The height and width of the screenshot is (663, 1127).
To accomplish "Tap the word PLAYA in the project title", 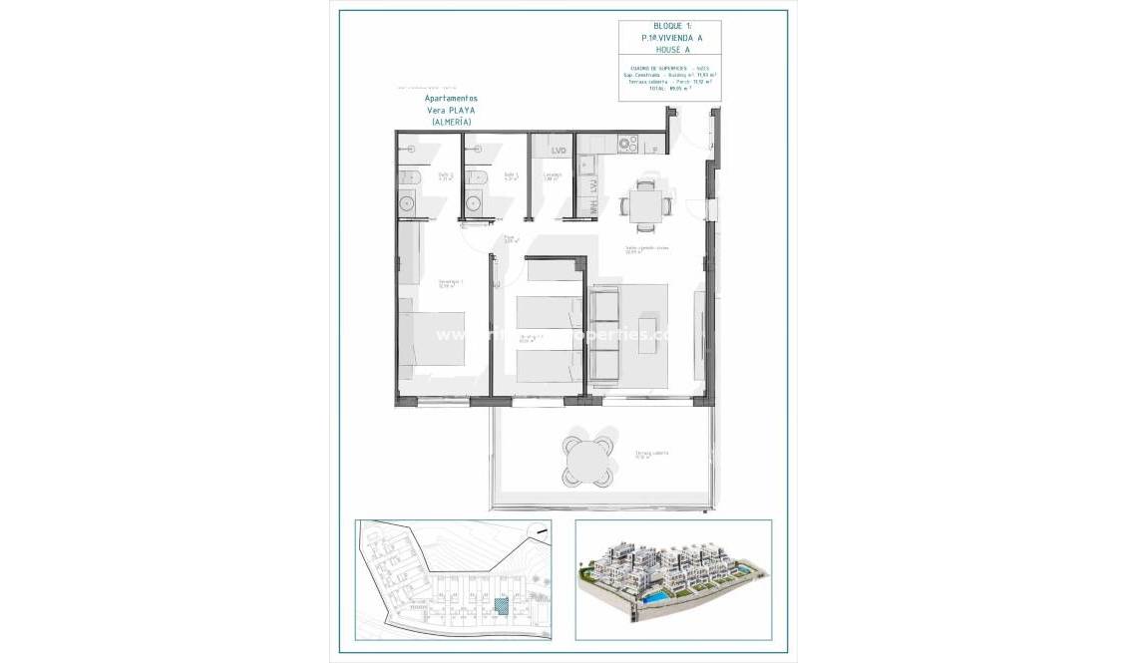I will [461, 110].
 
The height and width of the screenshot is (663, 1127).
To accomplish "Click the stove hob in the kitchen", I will [627, 144].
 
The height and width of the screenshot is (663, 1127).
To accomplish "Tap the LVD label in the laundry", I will [558, 151].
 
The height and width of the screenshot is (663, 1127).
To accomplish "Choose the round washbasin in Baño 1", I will [474, 203].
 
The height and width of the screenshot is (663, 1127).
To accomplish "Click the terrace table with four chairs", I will [585, 460].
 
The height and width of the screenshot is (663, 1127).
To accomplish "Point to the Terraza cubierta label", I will [652, 455].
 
